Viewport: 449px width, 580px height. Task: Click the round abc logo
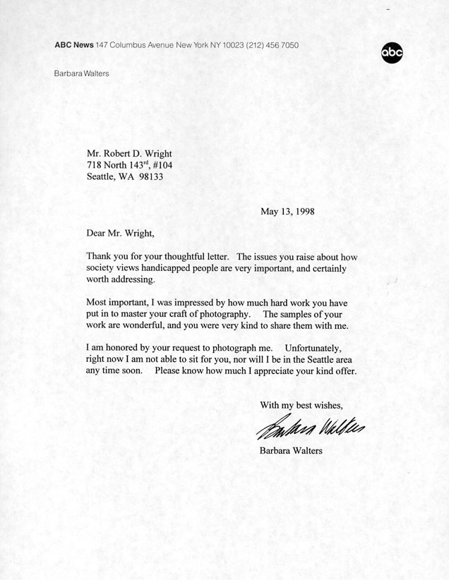[x=392, y=53]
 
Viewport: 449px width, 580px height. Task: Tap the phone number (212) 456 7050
[x=272, y=45]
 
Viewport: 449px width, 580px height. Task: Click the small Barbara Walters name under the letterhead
[x=81, y=73]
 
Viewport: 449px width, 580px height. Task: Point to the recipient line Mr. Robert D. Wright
[x=128, y=153]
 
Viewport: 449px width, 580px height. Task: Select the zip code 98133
[x=149, y=177]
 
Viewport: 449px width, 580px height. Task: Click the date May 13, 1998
[x=287, y=210]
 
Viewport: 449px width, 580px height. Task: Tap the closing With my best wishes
[x=301, y=405]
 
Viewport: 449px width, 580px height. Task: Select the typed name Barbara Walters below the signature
[x=291, y=450]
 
